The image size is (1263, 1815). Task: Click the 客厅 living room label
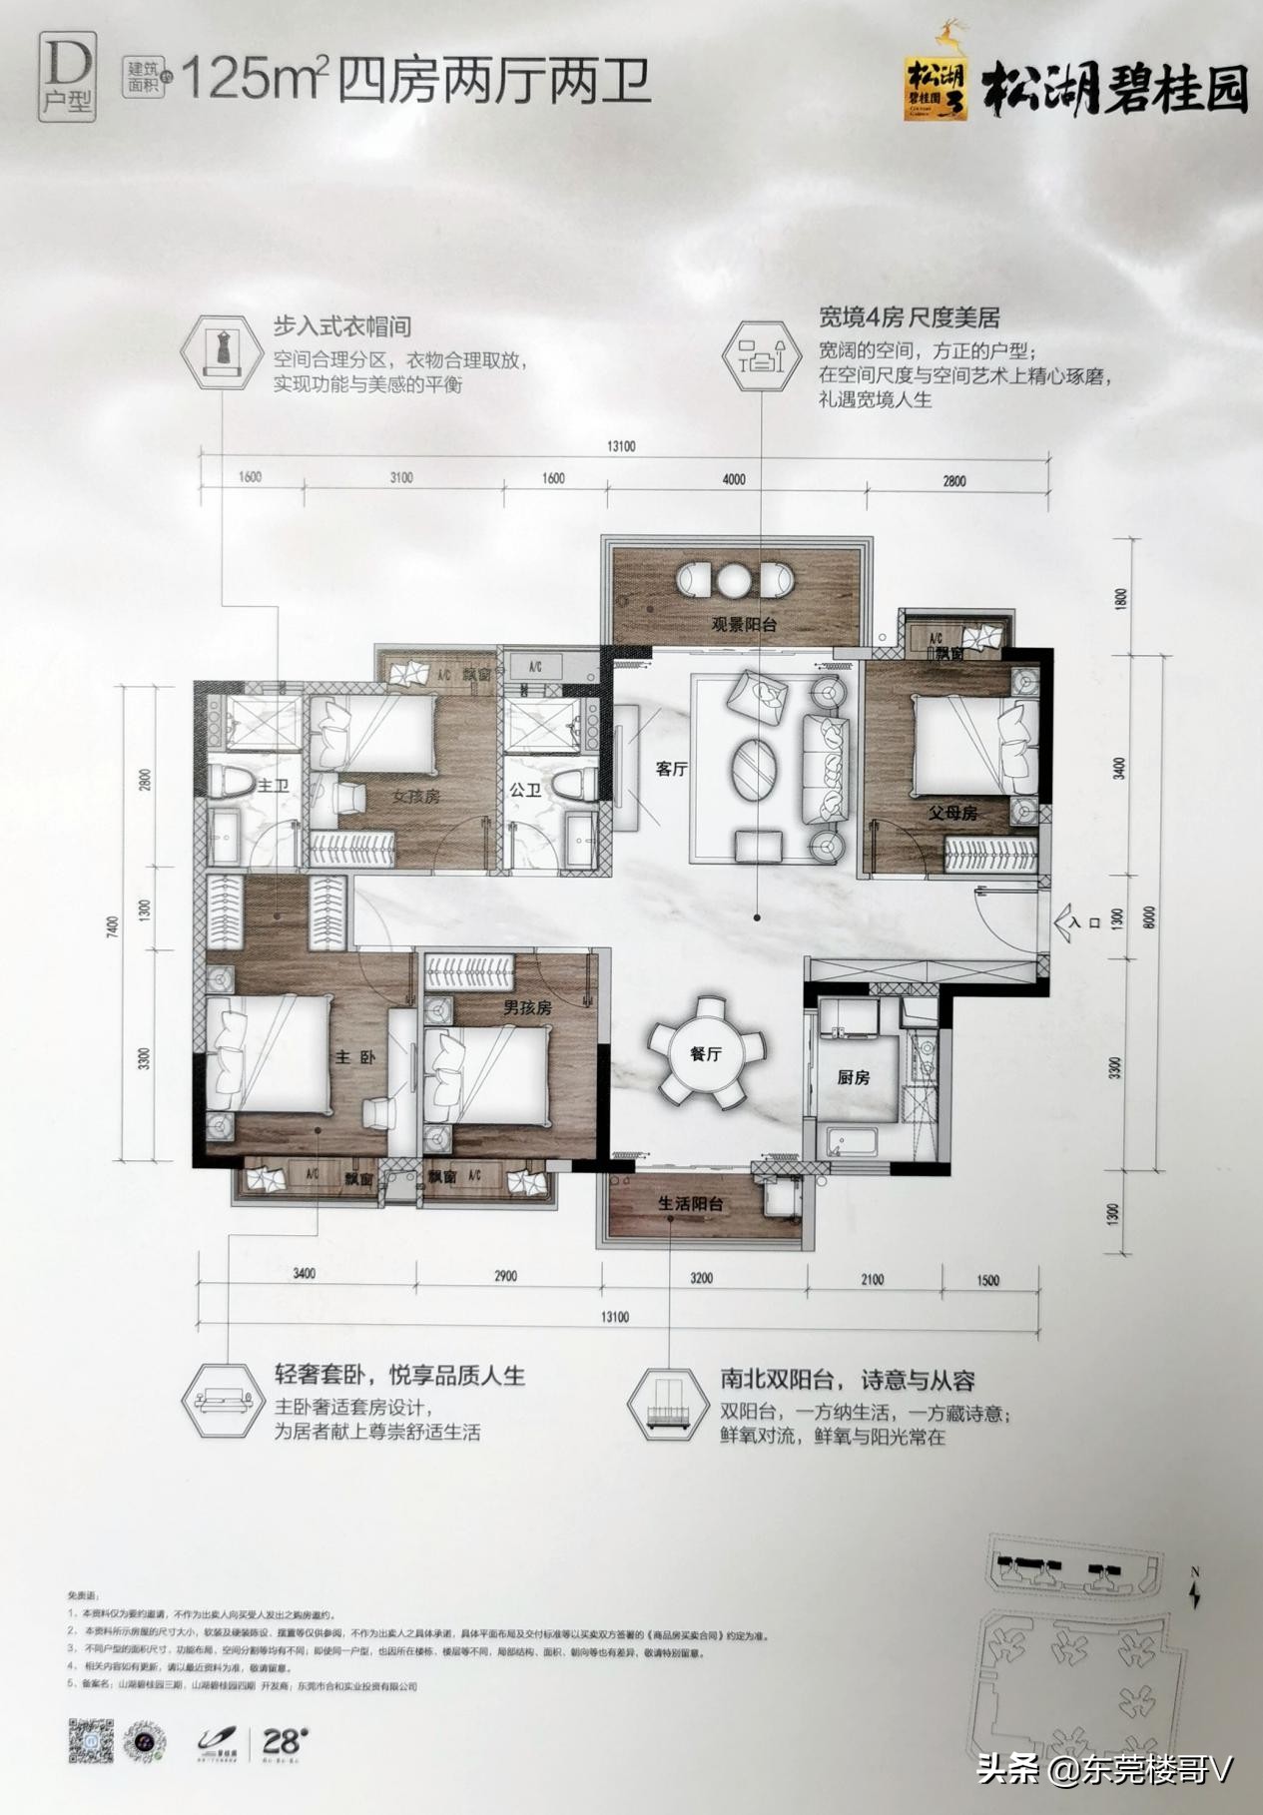(x=671, y=770)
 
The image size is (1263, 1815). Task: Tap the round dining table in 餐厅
(x=706, y=1053)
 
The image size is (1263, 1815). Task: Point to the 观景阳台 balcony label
(x=744, y=626)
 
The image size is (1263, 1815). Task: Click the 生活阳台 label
(x=690, y=1204)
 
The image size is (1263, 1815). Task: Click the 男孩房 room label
(x=527, y=1008)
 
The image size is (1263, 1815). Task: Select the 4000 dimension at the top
(x=734, y=479)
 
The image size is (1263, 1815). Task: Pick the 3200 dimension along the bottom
(x=701, y=1277)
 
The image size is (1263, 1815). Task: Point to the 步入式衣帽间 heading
(x=342, y=326)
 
